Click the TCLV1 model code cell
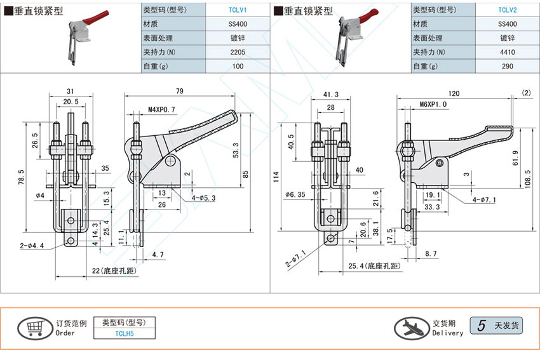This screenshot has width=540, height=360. pos(237,10)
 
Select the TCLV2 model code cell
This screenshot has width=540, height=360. pos(507,10)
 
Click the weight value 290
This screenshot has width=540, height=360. pos(507,66)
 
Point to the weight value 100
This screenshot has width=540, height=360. pos(237,66)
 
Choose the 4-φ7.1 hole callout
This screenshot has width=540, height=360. pos(485,202)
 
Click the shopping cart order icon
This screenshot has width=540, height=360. pos(32,328)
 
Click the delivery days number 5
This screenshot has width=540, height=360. pos(481,326)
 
